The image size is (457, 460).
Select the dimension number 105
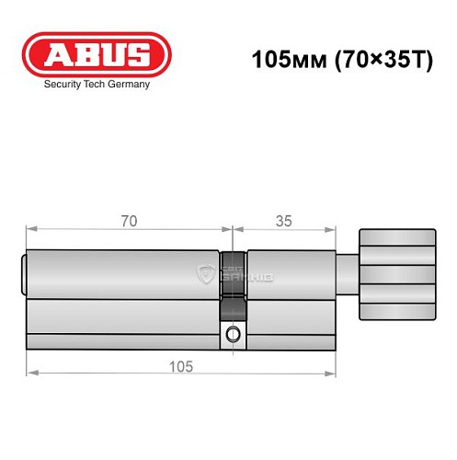pos(180,366)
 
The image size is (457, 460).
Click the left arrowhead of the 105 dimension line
pos(30,373)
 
